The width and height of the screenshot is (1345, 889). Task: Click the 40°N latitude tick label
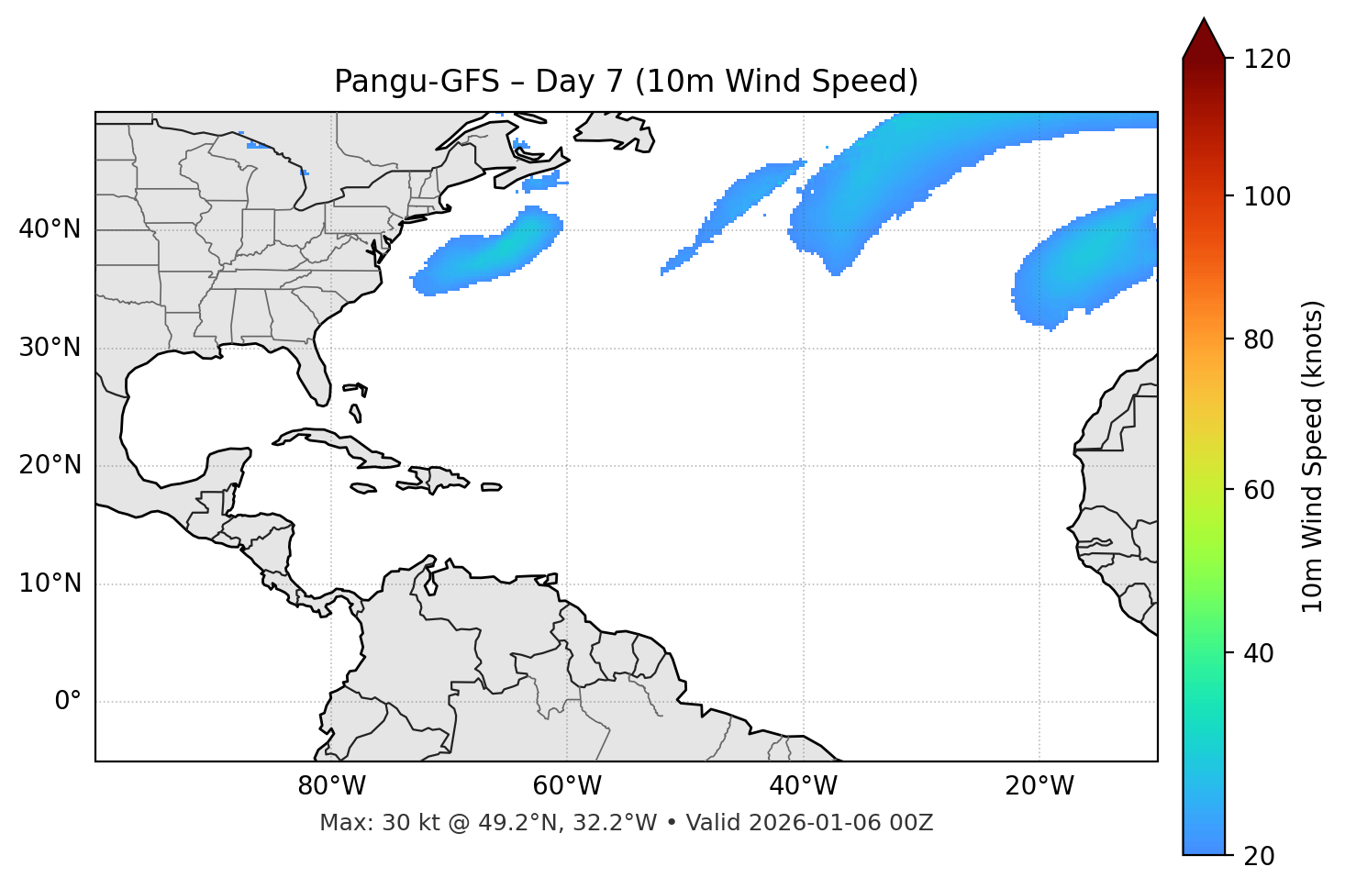(x=50, y=229)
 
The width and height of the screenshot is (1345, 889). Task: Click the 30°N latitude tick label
(x=50, y=348)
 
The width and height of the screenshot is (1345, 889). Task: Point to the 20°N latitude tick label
(x=50, y=465)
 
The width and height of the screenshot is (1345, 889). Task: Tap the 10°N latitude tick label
(x=50, y=583)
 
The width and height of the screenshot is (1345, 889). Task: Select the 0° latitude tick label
(x=68, y=702)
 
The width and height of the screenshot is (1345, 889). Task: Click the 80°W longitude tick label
(x=331, y=786)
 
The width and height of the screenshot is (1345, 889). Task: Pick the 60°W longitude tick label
(x=567, y=786)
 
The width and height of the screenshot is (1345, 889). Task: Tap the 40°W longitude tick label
(x=803, y=786)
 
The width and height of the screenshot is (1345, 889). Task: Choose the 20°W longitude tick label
(x=1039, y=786)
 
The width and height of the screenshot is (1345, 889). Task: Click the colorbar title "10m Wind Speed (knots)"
(x=1313, y=456)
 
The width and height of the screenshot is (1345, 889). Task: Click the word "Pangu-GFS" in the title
(x=412, y=82)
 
